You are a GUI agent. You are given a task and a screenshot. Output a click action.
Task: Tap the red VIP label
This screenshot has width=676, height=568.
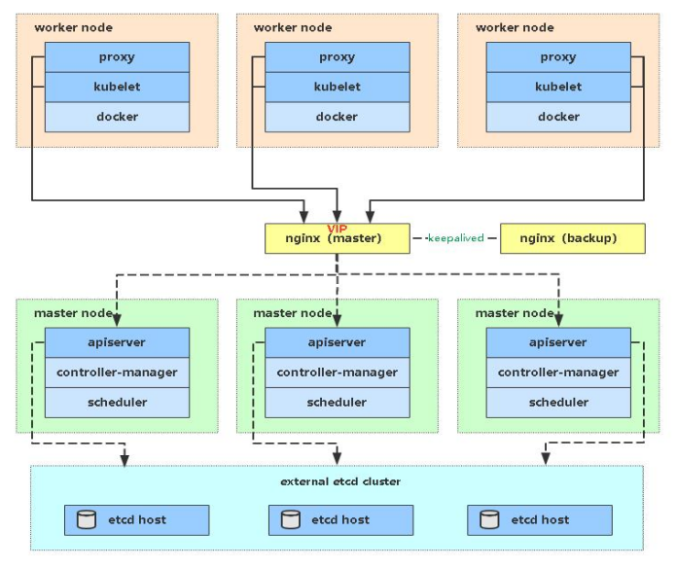tap(337, 227)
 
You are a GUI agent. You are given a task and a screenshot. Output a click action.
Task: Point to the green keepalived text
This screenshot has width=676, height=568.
tap(455, 238)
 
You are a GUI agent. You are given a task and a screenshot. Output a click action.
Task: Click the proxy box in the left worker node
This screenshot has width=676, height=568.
tap(117, 57)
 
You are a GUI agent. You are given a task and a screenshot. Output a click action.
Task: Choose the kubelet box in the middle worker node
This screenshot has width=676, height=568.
tap(337, 87)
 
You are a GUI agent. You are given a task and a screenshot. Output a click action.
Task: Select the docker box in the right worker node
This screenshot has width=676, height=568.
tap(558, 117)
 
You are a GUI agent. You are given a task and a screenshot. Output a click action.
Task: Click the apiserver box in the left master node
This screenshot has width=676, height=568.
tap(117, 342)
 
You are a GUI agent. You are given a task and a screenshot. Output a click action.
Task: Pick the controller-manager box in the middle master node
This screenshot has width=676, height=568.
tap(337, 373)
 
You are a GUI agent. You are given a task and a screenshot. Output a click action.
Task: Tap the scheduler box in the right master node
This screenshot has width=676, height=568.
tap(558, 402)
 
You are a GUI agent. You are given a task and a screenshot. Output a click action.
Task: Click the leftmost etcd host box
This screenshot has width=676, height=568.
tap(136, 519)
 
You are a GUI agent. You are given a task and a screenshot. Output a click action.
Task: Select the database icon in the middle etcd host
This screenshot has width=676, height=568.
tap(290, 519)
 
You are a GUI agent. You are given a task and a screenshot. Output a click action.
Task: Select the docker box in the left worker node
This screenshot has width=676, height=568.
tap(117, 117)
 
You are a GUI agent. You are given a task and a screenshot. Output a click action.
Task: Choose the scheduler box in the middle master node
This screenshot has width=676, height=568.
tap(337, 402)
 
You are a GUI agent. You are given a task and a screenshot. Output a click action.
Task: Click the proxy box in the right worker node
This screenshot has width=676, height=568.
tap(558, 57)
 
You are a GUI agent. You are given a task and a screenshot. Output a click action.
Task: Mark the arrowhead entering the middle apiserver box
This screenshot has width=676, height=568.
tap(337, 322)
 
